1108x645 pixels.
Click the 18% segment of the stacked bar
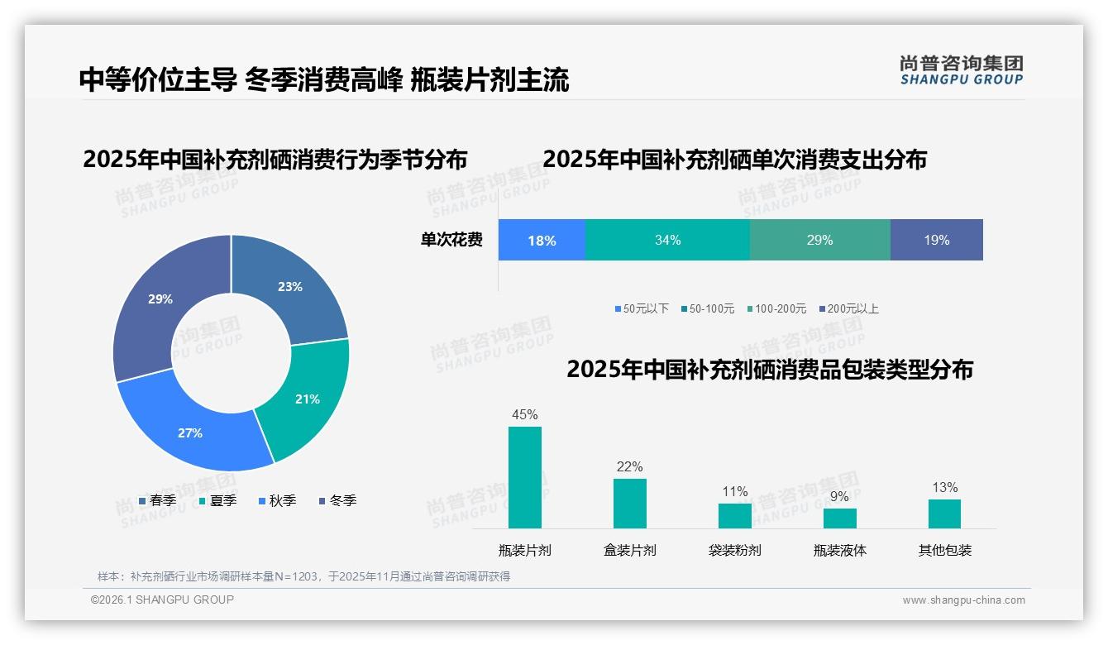[x=542, y=241]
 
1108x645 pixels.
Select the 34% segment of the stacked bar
[x=667, y=241]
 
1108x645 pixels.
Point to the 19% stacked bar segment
[x=936, y=241]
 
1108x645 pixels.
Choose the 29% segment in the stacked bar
[x=819, y=241]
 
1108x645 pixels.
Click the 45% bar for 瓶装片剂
[x=525, y=477]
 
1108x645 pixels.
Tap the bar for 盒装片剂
[x=630, y=503]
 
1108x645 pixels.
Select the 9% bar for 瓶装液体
[x=839, y=518]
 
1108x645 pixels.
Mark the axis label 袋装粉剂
[x=734, y=550]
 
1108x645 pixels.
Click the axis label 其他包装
[x=944, y=550]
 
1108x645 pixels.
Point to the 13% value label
[x=944, y=487]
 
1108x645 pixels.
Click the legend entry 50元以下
[x=642, y=308]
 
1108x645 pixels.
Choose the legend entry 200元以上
[x=849, y=308]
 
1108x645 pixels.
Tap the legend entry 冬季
[x=337, y=500]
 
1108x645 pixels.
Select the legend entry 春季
[x=158, y=500]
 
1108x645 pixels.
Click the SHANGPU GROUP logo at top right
[x=961, y=69]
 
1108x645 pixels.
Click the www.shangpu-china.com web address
[x=963, y=600]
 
